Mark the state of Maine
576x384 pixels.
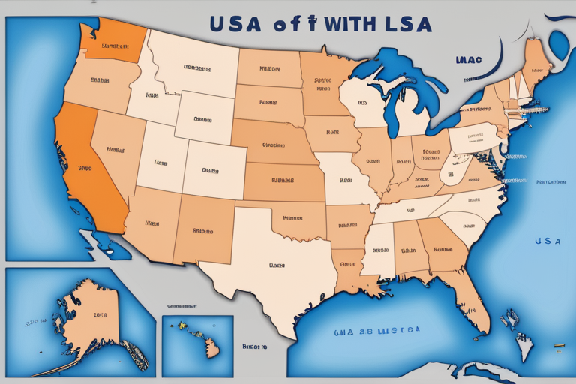click(534, 67)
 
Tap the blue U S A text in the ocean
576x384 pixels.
click(547, 241)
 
